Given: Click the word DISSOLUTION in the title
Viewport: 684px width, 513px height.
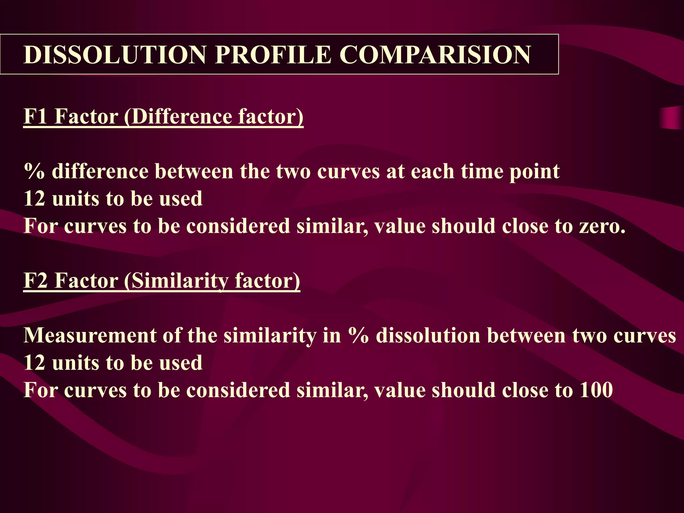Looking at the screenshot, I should click(115, 54).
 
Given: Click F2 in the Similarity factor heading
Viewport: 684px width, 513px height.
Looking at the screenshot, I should click(35, 280).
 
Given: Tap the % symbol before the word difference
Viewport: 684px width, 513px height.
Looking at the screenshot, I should click(34, 171).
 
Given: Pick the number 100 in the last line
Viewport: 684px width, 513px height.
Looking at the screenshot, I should click(596, 390).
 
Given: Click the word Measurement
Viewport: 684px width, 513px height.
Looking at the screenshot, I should click(90, 335).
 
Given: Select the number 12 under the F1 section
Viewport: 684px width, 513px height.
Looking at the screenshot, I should click(34, 199).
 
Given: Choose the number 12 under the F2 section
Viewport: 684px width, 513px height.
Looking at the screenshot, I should click(34, 363).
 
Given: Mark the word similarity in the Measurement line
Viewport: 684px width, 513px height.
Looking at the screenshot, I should click(270, 335).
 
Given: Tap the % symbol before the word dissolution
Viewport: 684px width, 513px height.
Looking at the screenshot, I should click(358, 335).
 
